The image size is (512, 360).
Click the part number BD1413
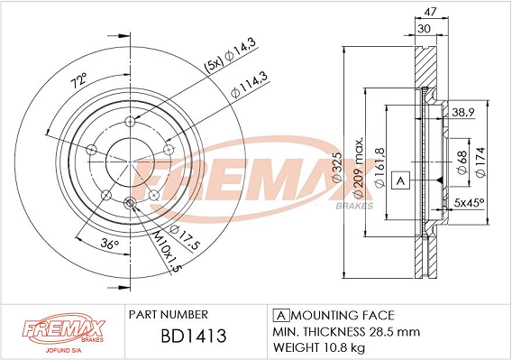194,336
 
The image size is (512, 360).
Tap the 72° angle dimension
79,80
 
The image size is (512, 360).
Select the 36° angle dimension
109,244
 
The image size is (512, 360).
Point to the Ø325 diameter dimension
336,167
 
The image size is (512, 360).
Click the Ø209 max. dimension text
359,168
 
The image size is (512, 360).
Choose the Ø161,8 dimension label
379,168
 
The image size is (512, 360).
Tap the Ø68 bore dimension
462,162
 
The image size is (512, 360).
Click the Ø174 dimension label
480,162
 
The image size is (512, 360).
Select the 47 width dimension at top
430,12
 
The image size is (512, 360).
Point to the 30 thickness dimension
424,29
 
